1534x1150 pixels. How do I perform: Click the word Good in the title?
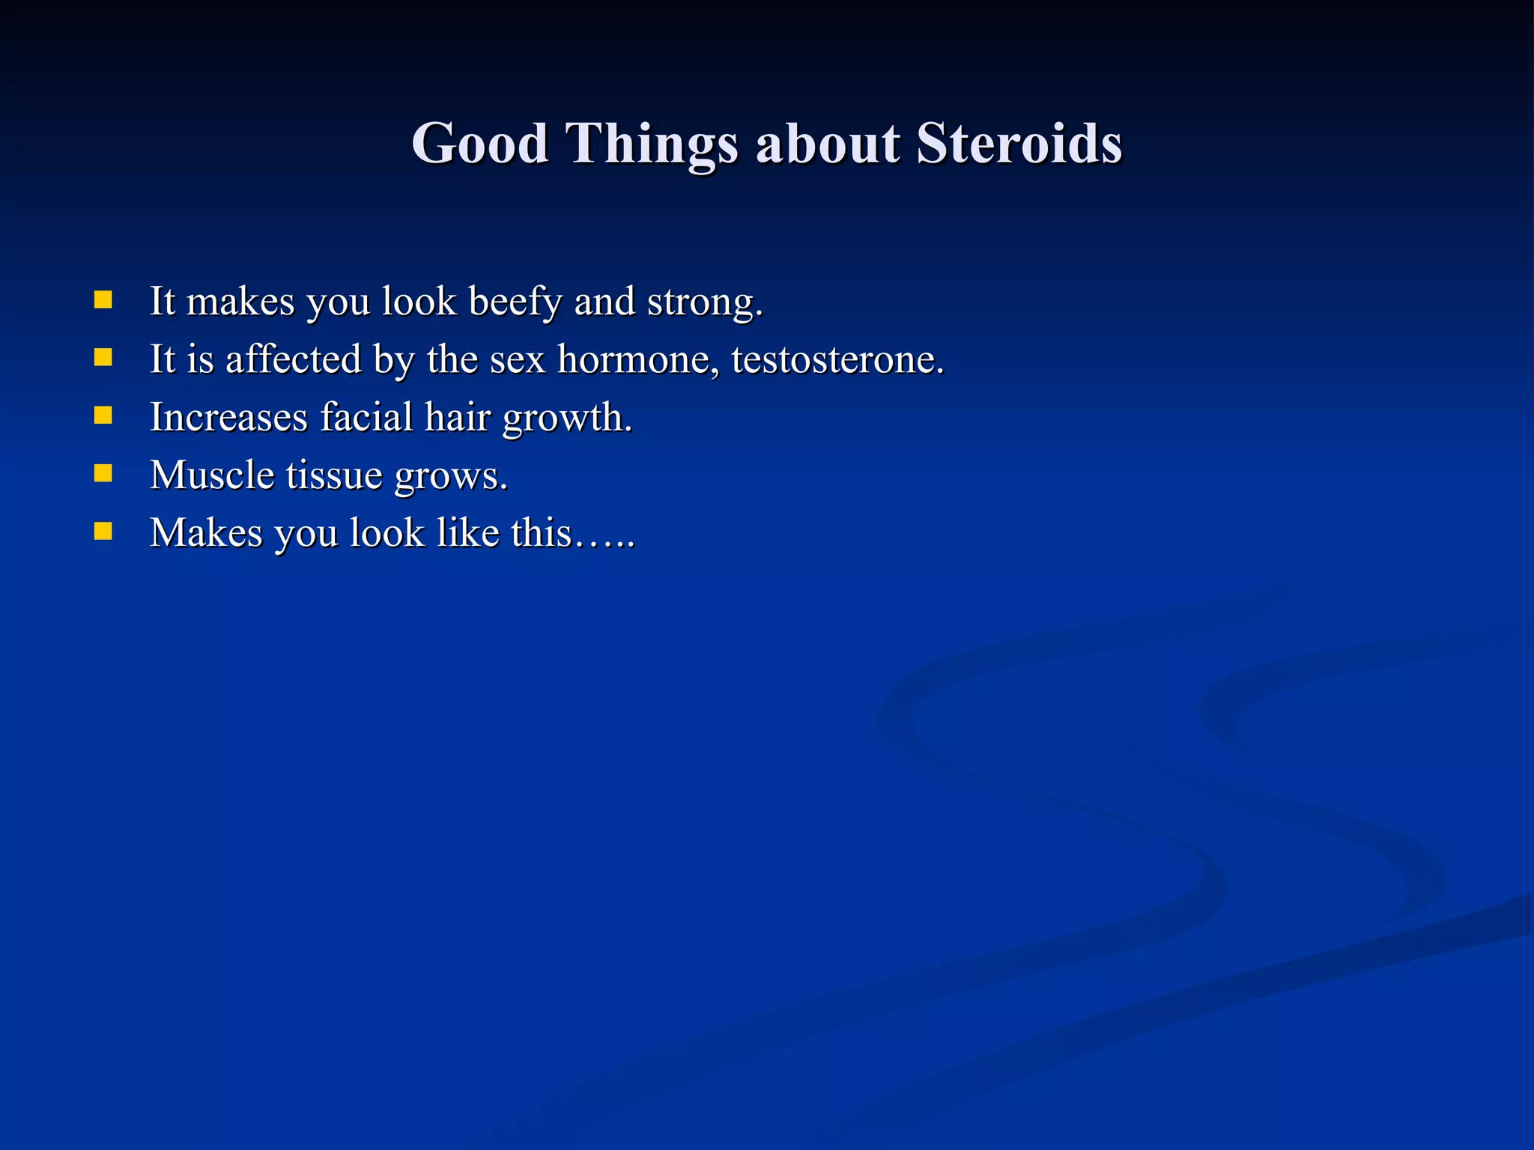click(480, 142)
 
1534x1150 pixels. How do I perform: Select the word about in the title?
click(828, 142)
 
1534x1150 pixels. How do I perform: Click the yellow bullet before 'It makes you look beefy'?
click(103, 301)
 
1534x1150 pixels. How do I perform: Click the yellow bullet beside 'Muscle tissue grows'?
click(103, 474)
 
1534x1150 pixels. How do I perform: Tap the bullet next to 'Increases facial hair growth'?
click(103, 416)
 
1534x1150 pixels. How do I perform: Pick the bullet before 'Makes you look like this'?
click(103, 532)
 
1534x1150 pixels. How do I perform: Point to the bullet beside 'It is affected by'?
click(103, 359)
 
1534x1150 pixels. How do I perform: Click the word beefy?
click(515, 302)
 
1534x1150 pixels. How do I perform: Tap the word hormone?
click(637, 359)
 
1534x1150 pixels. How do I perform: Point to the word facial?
click(366, 417)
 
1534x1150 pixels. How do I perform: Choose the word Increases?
click(228, 417)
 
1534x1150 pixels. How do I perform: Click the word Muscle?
click(212, 475)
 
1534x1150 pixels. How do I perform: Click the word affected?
click(294, 359)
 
